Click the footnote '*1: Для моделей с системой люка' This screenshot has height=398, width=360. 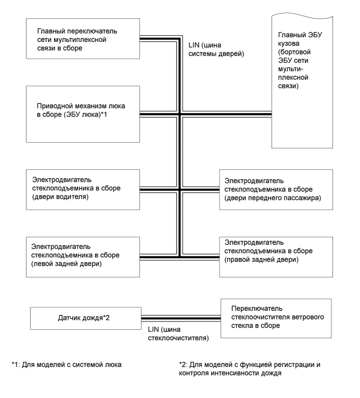67,364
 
